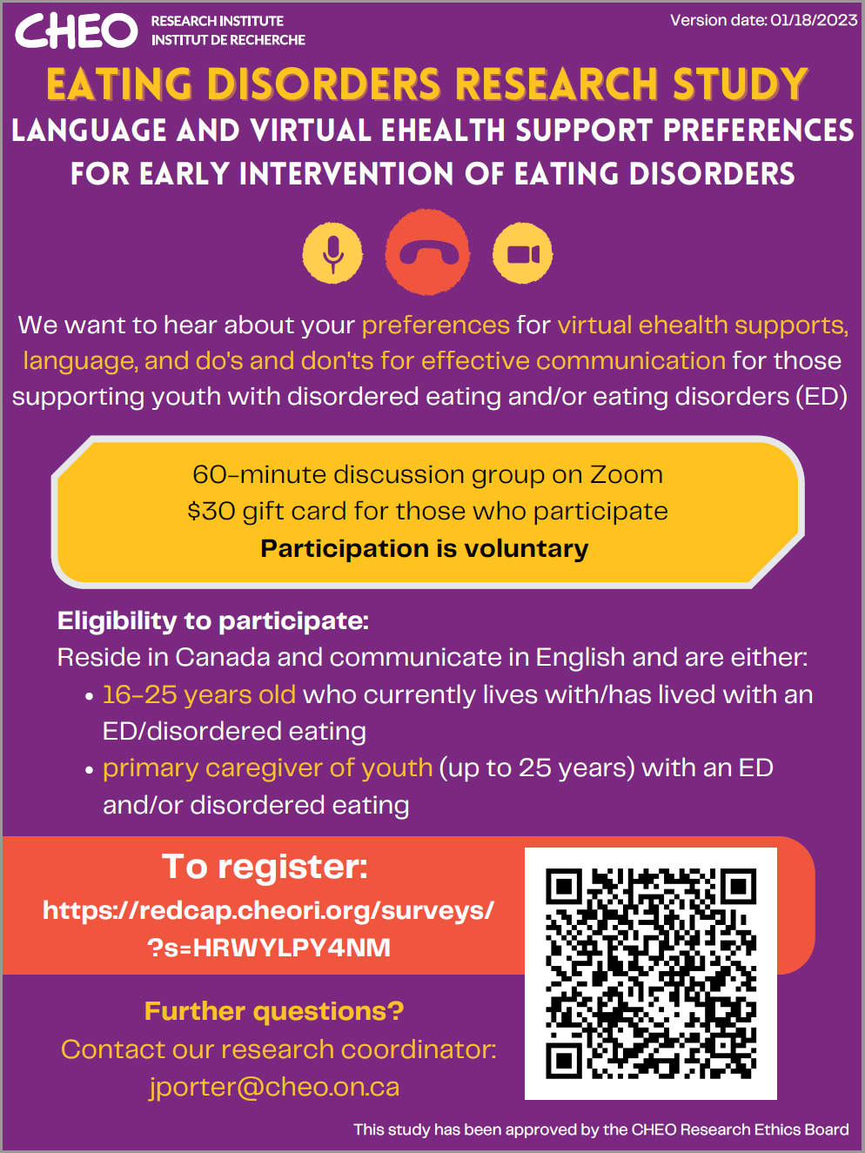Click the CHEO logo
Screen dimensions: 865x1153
pos(77,30)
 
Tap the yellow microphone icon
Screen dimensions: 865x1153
pos(332,254)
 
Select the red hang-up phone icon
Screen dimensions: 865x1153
pos(427,251)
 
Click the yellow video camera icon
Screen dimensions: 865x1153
pos(523,254)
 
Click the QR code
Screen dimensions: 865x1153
pos(651,974)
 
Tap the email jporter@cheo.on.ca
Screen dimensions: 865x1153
pos(274,1086)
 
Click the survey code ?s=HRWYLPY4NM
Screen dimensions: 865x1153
pos(269,948)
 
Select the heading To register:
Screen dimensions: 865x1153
pos(265,866)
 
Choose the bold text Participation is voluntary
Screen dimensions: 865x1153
pos(425,549)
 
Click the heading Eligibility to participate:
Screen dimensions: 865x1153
pos(213,621)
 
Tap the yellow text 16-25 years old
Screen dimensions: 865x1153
pos(199,695)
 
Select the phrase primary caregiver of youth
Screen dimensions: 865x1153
pos(268,768)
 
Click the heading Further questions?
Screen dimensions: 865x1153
pos(274,1011)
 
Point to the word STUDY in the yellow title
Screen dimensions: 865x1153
pos(741,84)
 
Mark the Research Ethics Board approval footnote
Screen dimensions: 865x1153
pos(601,1130)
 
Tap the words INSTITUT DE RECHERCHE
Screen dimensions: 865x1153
pos(229,40)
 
